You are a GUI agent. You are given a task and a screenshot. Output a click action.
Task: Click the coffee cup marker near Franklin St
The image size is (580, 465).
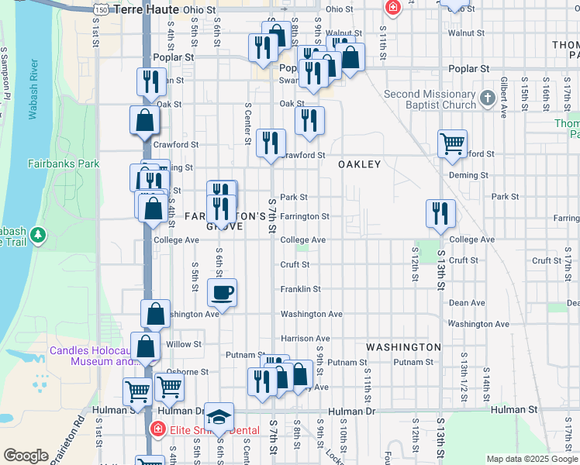[222, 293]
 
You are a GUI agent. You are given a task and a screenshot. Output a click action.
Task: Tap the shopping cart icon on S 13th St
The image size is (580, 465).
[452, 143]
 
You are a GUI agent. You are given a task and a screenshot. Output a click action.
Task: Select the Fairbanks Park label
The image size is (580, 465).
[64, 164]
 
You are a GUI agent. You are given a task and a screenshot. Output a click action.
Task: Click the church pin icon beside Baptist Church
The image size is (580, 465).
[487, 98]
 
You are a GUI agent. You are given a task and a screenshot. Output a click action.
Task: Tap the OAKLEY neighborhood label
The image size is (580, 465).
[359, 164]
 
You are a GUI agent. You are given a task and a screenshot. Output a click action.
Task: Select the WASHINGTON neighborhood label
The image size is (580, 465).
[403, 346]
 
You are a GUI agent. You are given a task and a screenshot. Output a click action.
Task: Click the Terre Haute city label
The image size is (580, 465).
[146, 10]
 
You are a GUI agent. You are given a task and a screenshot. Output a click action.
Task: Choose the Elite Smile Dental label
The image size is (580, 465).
[205, 428]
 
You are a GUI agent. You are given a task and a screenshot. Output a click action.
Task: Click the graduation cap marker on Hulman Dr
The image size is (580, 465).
[219, 416]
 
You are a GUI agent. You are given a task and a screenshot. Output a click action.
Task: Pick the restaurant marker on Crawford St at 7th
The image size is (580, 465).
[271, 143]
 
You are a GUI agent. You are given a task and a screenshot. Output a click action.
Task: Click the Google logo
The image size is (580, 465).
[26, 456]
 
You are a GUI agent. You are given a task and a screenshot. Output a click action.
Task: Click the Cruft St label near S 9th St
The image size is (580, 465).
[295, 264]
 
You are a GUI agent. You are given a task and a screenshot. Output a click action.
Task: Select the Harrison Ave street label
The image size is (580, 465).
[306, 339]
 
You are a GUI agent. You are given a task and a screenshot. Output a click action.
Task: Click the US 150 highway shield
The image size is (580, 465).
[101, 8]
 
